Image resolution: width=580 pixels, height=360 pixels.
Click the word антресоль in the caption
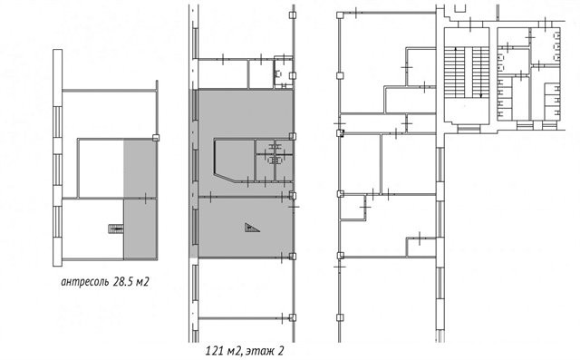pos(84,282)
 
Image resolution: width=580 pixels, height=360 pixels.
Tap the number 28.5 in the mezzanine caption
pos(123,282)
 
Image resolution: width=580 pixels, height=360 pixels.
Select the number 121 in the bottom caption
pos(214,350)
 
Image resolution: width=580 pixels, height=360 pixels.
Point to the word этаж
pos(259,351)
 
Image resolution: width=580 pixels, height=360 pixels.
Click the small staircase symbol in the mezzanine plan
pos(116,229)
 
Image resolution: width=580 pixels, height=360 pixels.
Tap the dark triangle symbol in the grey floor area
pos(252,228)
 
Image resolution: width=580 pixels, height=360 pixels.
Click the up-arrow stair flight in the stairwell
pos(455,73)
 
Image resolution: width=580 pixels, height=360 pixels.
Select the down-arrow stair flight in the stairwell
pos(480,73)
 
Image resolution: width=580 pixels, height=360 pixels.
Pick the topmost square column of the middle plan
pos(292,15)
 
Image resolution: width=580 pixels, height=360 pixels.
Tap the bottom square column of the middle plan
pos(292,317)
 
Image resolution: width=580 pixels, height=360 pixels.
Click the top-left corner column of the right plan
pos(340,15)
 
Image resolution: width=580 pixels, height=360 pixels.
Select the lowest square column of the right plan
pos(340,317)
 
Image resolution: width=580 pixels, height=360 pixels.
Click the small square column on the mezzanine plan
pos(156,138)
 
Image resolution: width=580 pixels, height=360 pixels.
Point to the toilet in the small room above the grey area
pos(277,74)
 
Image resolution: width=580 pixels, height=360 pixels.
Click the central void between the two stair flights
pos(468,73)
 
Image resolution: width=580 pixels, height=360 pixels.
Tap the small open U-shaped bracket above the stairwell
pos(459,8)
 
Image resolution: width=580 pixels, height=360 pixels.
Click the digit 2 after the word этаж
pos(280,350)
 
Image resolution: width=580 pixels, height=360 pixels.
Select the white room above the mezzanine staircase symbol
pos(101,169)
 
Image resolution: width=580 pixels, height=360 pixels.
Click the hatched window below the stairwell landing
pos(469,128)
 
